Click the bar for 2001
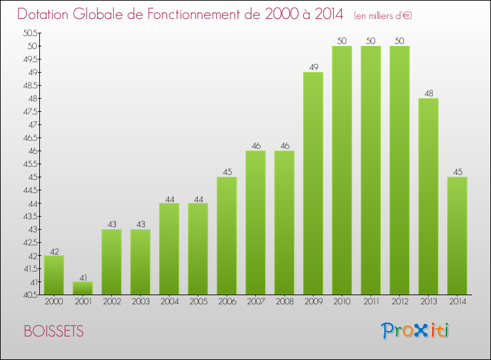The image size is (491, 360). pyautogui.click(x=82, y=288)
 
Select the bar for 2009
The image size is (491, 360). pyautogui.click(x=313, y=183)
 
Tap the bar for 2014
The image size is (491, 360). pyautogui.click(x=457, y=236)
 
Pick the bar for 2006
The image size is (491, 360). pyautogui.click(x=227, y=236)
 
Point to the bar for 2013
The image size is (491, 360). pyautogui.click(x=428, y=196)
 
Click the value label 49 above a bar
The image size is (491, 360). pyautogui.click(x=313, y=67)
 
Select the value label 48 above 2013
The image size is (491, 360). pyautogui.click(x=428, y=93)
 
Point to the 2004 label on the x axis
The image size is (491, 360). pyautogui.click(x=169, y=302)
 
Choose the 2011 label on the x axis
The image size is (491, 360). pyautogui.click(x=371, y=302)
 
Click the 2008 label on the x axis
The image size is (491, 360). pyautogui.click(x=284, y=302)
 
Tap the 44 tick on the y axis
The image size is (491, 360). pyautogui.click(x=33, y=203)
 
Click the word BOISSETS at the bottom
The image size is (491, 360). pyautogui.click(x=53, y=331)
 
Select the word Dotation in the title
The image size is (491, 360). pyautogui.click(x=46, y=14)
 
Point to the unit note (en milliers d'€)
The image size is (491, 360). pyautogui.click(x=383, y=15)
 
